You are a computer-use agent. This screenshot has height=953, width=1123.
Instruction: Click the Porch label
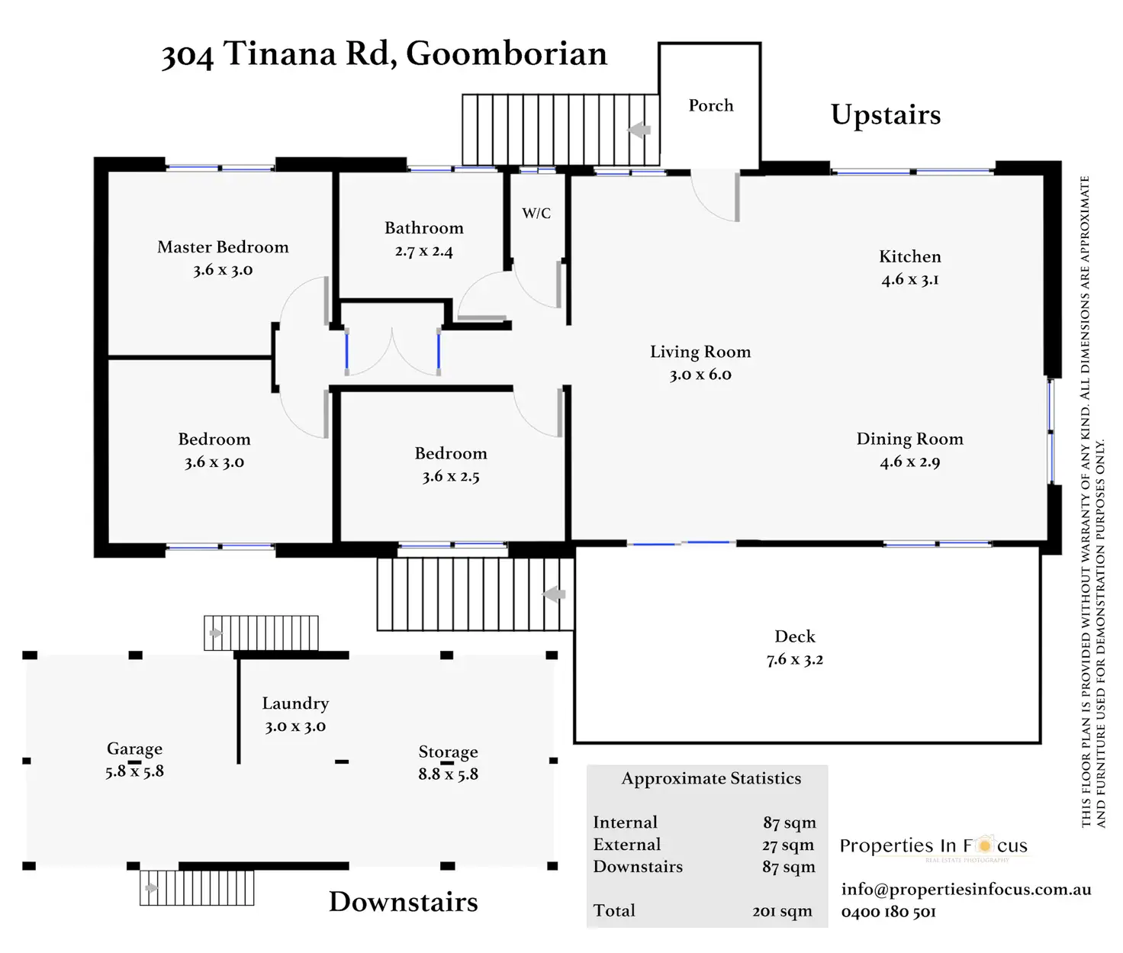[710, 105]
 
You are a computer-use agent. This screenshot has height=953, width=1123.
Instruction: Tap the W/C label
[536, 213]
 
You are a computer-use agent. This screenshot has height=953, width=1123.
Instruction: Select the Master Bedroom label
[223, 246]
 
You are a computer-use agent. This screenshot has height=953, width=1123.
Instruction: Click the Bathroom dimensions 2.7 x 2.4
[423, 251]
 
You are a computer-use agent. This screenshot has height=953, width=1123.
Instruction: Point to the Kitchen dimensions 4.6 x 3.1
[910, 279]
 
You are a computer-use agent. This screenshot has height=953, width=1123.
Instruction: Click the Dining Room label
[910, 439]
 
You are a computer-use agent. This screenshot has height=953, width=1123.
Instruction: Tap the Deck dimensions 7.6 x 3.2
[795, 659]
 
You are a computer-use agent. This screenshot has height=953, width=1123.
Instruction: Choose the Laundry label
[295, 703]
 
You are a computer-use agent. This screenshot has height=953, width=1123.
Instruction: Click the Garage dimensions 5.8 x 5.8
[135, 771]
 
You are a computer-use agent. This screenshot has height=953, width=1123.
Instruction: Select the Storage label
[449, 752]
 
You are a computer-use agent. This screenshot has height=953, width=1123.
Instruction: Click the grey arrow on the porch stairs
[639, 130]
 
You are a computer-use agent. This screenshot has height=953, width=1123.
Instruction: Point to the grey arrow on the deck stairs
[554, 594]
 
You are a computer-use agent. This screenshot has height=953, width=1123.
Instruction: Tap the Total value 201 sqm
[782, 911]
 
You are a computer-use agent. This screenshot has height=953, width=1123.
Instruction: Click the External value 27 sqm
[788, 845]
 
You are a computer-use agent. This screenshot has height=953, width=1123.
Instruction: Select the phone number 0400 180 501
[889, 912]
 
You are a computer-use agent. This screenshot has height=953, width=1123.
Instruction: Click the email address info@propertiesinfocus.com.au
[967, 890]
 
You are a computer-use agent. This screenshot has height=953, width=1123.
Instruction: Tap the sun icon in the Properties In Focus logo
[984, 845]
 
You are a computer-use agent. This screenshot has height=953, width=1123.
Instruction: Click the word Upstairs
[886, 115]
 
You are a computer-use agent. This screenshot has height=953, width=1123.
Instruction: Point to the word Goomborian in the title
[507, 54]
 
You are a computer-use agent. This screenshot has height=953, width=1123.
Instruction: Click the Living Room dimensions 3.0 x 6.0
[700, 375]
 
